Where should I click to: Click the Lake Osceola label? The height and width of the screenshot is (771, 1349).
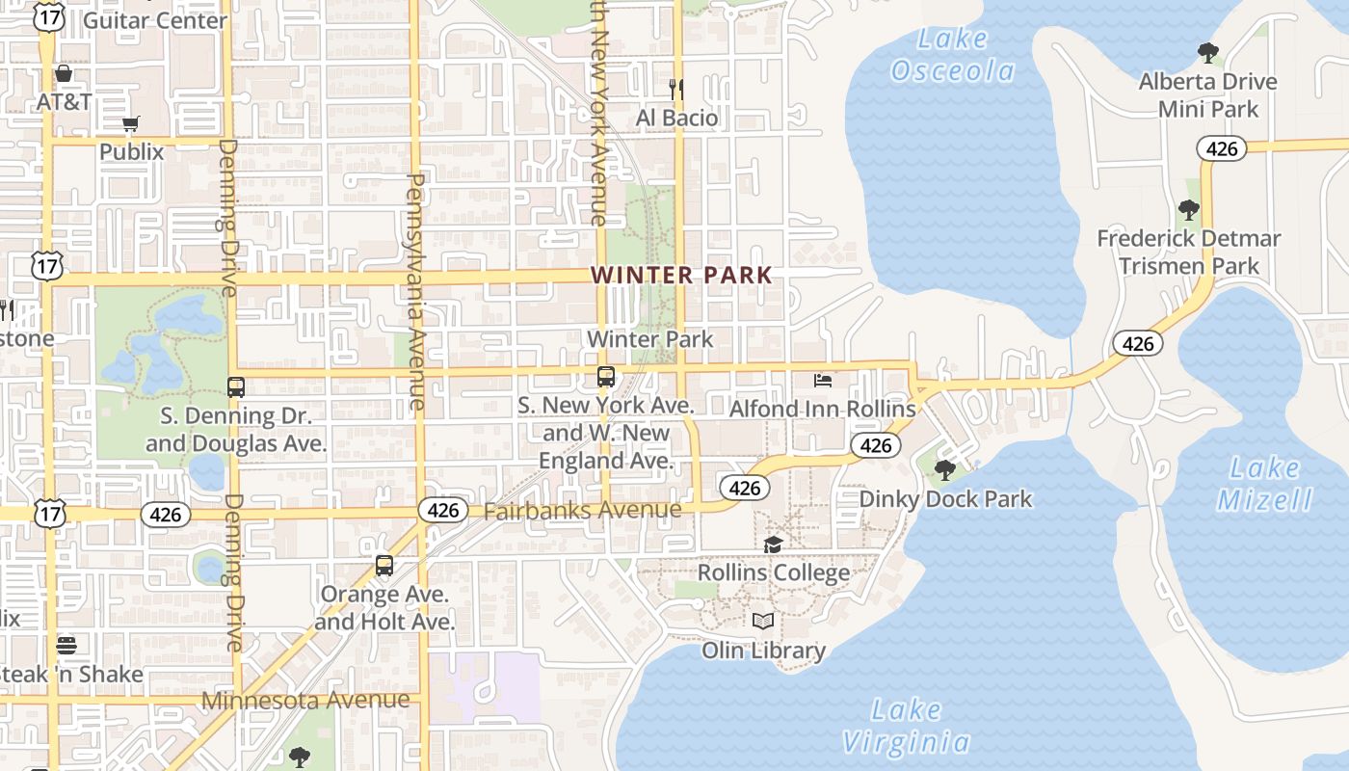click(x=953, y=55)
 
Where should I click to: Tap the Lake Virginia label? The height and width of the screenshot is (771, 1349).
click(x=906, y=727)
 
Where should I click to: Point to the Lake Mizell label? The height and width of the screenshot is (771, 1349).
click(x=1265, y=484)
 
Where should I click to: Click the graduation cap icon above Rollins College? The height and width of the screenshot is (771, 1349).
click(x=773, y=545)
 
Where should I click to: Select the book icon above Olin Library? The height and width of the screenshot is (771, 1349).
click(x=763, y=622)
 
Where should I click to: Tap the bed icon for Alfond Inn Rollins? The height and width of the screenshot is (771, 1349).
click(x=823, y=381)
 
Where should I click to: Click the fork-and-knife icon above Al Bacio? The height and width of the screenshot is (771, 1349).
click(x=676, y=90)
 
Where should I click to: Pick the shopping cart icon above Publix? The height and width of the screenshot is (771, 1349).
click(x=131, y=123)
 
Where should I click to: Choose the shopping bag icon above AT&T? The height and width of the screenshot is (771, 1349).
click(x=64, y=73)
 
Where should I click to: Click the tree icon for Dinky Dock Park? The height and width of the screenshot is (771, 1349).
click(x=945, y=470)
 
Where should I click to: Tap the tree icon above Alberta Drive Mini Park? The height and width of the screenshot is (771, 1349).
click(x=1208, y=53)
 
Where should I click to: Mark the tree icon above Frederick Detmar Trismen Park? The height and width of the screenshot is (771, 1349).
click(x=1189, y=210)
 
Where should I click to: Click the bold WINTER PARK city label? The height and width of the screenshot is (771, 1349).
click(x=682, y=275)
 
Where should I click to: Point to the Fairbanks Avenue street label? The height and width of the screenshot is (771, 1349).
click(x=582, y=510)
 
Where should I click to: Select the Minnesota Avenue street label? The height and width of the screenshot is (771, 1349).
click(x=305, y=701)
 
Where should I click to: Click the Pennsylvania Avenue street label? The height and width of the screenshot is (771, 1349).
click(x=417, y=291)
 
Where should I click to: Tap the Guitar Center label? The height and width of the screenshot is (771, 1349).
click(x=155, y=20)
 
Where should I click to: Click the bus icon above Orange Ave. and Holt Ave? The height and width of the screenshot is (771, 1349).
click(x=384, y=566)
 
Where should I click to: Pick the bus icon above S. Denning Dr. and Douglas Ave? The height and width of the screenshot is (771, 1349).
click(x=236, y=387)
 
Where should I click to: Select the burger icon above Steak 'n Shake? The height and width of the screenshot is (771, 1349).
click(x=66, y=645)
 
